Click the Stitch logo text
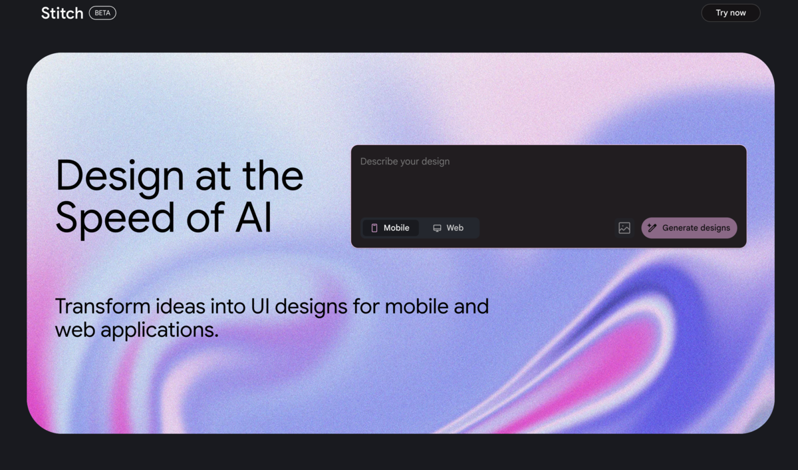pos(62,13)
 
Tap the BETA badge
pos(102,13)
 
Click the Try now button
pos(731,13)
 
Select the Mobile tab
pos(390,228)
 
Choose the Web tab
pos(448,228)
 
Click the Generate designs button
pos(689,228)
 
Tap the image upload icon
pos(624,228)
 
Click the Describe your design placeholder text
pos(405,162)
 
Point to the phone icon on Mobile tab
pos(374,228)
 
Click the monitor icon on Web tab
pos(437,228)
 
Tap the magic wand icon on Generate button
pos(652,228)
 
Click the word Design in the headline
pos(120,177)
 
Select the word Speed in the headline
pos(115,218)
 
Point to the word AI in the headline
pos(253,217)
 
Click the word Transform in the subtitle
pos(102,306)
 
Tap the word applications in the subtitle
pos(159,330)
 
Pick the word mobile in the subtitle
pos(416,306)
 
